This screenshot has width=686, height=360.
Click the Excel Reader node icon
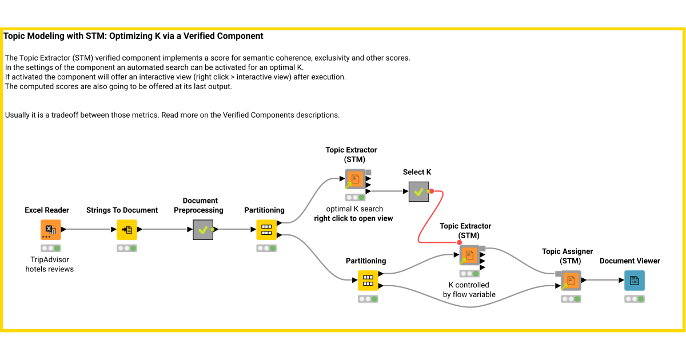point(50,229)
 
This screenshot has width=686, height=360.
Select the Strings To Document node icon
point(127,229)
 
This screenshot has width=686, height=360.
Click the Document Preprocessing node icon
point(203,229)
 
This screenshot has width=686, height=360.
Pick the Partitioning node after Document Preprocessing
point(266,229)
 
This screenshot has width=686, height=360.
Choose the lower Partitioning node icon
point(368,280)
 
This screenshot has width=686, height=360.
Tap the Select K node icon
point(418,191)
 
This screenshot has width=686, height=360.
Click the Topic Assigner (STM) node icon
point(571,280)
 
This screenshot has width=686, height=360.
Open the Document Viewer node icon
point(634,280)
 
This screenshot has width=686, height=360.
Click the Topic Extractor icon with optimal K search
point(355,179)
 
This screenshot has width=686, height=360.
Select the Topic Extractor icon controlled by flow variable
point(469,255)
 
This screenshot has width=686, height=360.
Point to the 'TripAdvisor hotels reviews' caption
point(50,264)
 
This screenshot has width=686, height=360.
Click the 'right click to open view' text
point(353,218)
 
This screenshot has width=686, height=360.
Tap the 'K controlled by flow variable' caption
point(469,290)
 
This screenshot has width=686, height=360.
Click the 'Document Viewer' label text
point(629,261)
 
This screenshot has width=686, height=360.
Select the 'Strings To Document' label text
point(122,210)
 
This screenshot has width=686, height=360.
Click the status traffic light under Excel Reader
point(50,248)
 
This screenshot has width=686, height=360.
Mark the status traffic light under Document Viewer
point(634,299)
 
